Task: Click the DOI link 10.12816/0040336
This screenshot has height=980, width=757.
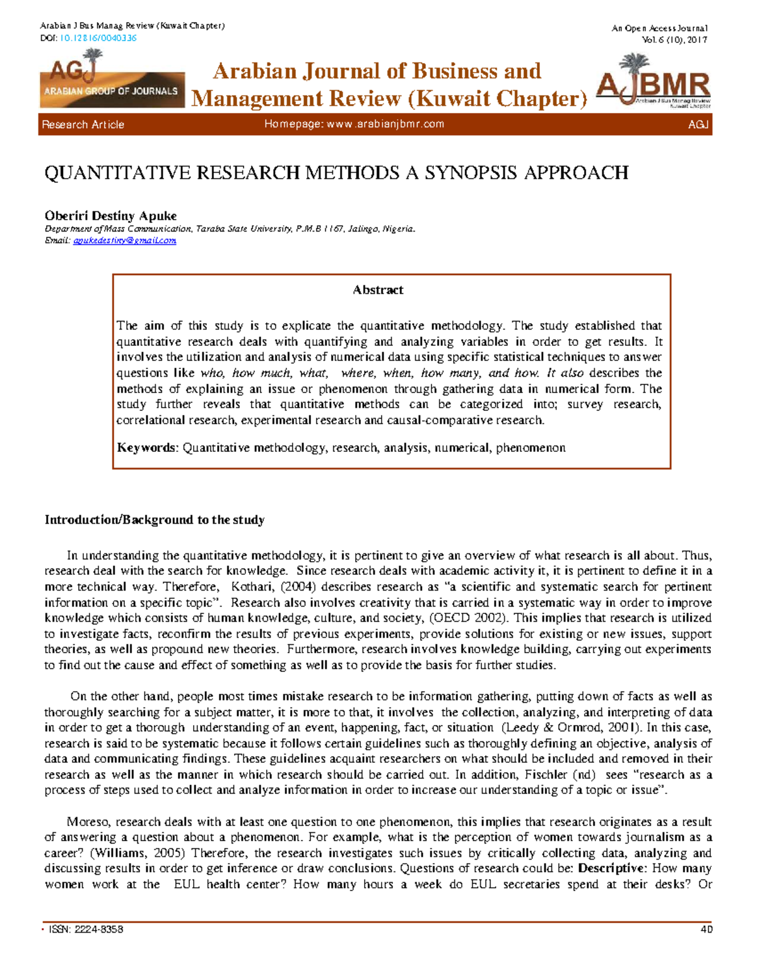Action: (98, 38)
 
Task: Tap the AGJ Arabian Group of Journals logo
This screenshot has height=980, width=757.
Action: (112, 79)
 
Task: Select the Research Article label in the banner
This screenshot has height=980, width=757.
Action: (83, 124)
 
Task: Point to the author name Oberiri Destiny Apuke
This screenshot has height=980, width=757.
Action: (110, 215)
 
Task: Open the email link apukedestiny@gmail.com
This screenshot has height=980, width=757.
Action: (124, 240)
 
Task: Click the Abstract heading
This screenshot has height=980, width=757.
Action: (378, 290)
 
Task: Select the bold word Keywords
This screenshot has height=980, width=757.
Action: (148, 447)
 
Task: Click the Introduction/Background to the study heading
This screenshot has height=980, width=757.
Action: (155, 519)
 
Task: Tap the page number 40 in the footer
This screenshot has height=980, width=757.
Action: (707, 929)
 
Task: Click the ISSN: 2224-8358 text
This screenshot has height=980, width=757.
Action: (86, 929)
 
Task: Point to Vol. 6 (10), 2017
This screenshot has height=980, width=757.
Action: (674, 39)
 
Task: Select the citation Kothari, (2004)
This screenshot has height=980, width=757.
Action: (274, 586)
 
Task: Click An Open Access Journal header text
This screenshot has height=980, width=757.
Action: (659, 28)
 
